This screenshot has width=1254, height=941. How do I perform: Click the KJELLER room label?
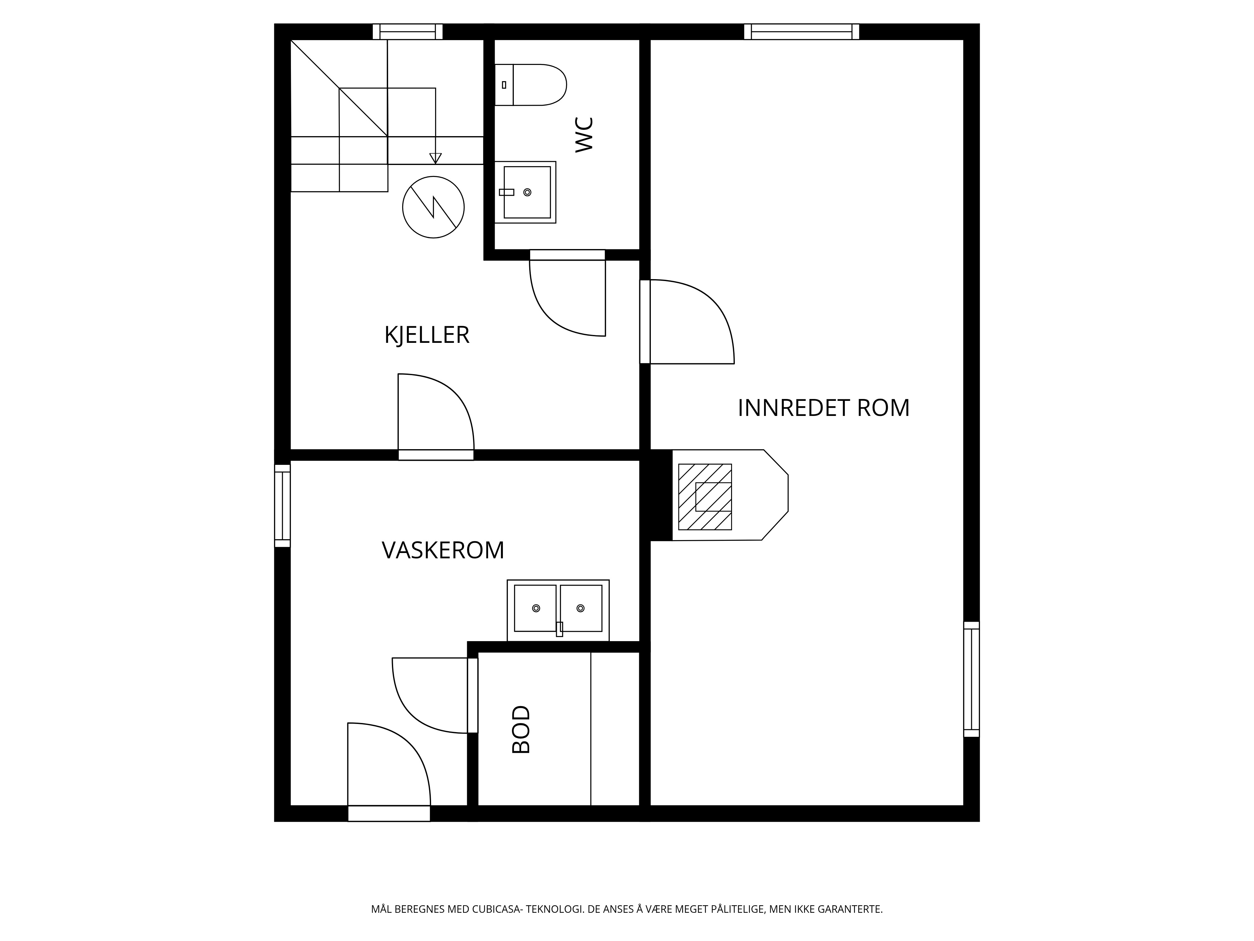(427, 335)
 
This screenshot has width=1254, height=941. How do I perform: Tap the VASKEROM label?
(443, 550)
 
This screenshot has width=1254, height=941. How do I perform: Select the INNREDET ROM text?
(823, 408)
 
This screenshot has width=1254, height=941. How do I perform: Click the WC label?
(584, 135)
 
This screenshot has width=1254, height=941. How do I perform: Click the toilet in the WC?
(531, 85)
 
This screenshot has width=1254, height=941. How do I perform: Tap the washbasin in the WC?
(525, 192)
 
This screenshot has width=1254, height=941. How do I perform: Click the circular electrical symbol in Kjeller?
(433, 207)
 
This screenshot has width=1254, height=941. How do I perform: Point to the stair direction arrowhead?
(435, 158)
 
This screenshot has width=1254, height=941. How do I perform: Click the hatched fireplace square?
(705, 497)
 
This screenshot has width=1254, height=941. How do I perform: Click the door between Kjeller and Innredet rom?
(687, 321)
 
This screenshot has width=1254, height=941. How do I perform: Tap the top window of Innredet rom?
(802, 32)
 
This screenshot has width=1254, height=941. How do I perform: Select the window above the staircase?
(408, 32)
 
